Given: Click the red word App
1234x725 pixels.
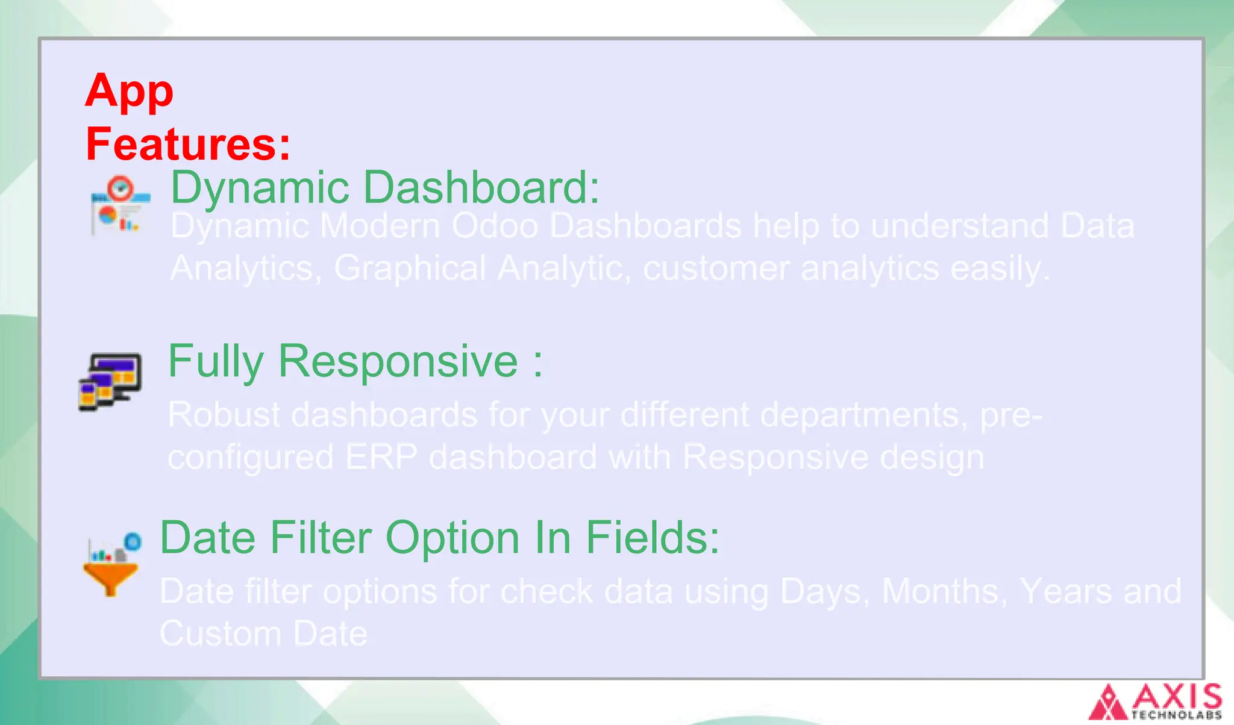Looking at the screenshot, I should point(129,92).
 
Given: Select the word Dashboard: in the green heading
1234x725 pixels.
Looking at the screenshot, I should point(481,187).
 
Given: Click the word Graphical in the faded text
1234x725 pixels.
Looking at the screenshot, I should point(410,268).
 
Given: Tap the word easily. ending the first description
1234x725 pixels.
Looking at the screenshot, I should point(1000,268).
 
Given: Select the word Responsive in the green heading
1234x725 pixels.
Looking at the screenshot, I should point(398,362).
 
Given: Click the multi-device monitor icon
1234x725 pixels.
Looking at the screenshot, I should point(110,382).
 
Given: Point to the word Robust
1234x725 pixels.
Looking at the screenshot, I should point(224,415).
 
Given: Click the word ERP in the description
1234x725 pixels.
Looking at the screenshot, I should point(381,457).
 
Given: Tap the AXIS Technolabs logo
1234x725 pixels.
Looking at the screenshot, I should point(1155,702).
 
